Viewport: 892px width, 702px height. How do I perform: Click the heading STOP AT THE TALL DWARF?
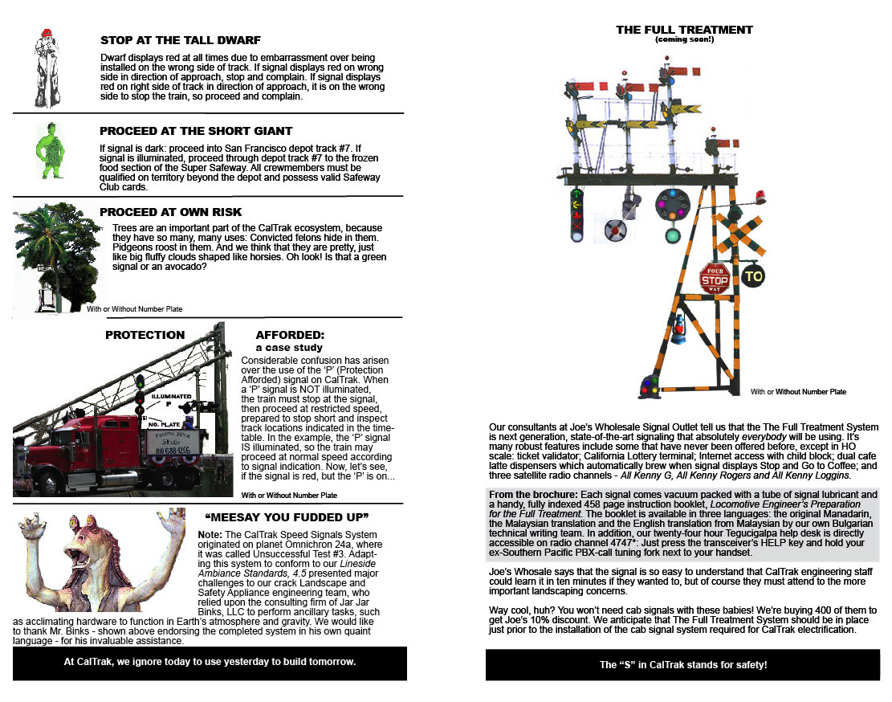point(180,40)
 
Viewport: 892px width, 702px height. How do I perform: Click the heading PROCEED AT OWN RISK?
point(170,212)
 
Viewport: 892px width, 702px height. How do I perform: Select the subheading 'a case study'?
point(289,348)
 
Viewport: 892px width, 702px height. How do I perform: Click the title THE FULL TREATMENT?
point(684,30)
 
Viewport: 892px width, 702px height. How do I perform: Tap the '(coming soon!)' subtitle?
point(684,39)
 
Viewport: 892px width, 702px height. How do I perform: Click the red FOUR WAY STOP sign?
point(714,278)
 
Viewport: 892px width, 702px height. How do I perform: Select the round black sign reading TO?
point(752,276)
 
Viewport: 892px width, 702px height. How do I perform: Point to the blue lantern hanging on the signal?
point(678,329)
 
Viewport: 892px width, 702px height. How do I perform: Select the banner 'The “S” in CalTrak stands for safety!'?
point(683,665)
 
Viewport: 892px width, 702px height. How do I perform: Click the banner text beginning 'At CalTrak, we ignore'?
point(210,663)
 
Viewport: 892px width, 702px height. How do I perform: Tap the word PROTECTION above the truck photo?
point(145,335)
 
